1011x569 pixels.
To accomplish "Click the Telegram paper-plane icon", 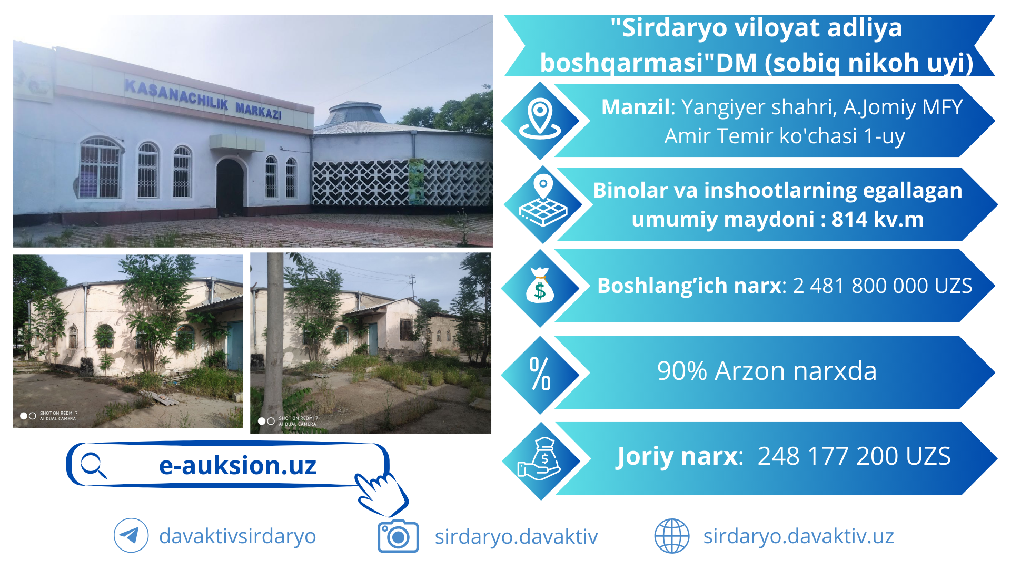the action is (x=131, y=535).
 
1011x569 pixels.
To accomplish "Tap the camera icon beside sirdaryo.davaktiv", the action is (x=398, y=536).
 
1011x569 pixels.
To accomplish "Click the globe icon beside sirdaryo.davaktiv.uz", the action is (x=671, y=536).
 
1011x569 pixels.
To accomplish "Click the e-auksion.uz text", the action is (x=237, y=465).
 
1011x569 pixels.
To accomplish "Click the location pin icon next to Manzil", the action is (x=540, y=119).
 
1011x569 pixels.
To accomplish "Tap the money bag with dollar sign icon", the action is (x=540, y=286).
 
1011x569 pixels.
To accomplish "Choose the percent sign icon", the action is (x=540, y=374).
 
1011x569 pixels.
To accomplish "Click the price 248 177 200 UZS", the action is (x=854, y=456).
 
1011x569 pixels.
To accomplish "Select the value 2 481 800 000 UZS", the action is (x=882, y=286).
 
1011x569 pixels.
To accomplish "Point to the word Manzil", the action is (x=636, y=107).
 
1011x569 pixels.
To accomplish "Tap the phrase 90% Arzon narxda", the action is (x=767, y=371).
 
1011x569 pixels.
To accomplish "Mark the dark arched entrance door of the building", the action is (x=230, y=188).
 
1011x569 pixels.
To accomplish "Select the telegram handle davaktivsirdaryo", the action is (x=237, y=536).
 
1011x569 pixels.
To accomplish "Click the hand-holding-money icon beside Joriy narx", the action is (x=540, y=459).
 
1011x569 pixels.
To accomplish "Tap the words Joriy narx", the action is (x=679, y=456).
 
